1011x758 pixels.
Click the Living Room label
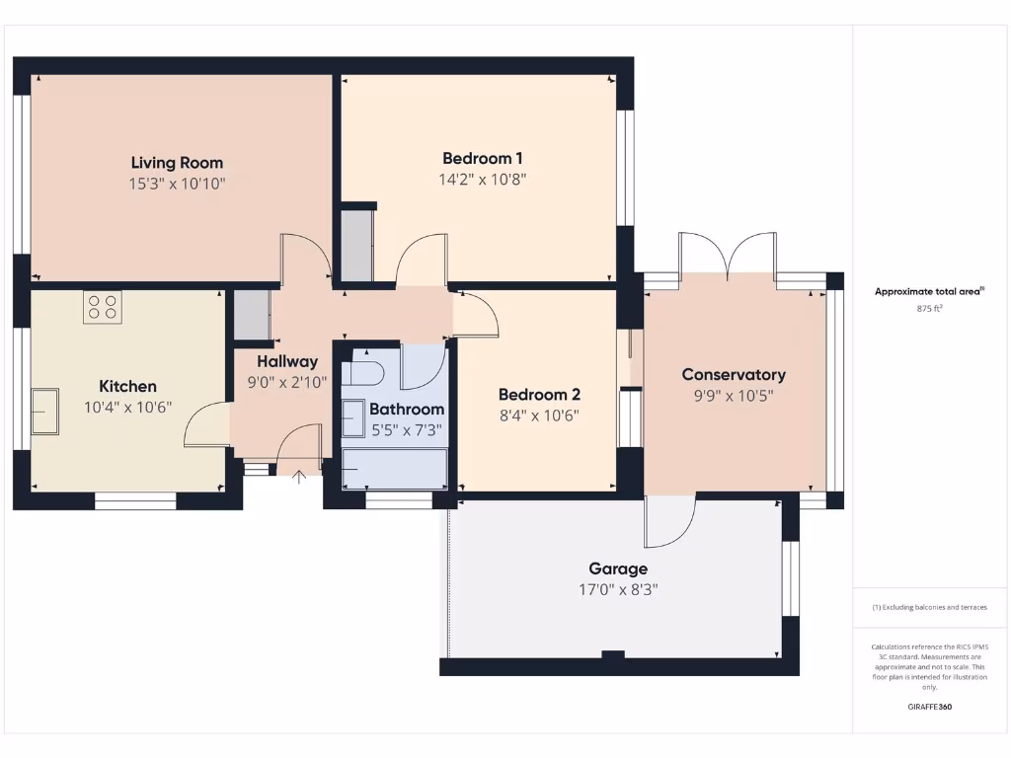click(178, 163)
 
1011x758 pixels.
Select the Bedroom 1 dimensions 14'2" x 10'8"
click(483, 180)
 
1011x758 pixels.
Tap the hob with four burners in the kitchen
click(103, 308)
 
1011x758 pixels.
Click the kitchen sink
click(43, 411)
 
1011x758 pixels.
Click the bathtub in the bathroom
click(394, 469)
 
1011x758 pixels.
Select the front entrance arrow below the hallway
click(299, 477)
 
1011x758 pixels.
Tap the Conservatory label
click(734, 374)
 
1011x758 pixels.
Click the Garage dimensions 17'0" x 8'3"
click(618, 590)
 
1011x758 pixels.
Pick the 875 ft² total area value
click(929, 309)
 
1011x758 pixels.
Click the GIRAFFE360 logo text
click(929, 707)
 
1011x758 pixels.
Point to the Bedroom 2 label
click(532, 394)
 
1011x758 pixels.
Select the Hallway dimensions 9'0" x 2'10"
click(287, 382)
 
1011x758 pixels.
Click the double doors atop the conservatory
click(727, 256)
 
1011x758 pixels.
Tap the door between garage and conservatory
click(669, 520)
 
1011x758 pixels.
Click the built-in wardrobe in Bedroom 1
click(355, 244)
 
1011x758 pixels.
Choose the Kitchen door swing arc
click(205, 425)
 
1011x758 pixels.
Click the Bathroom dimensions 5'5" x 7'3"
click(407, 429)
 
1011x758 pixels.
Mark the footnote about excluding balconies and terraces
click(929, 607)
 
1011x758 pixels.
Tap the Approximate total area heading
click(929, 291)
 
